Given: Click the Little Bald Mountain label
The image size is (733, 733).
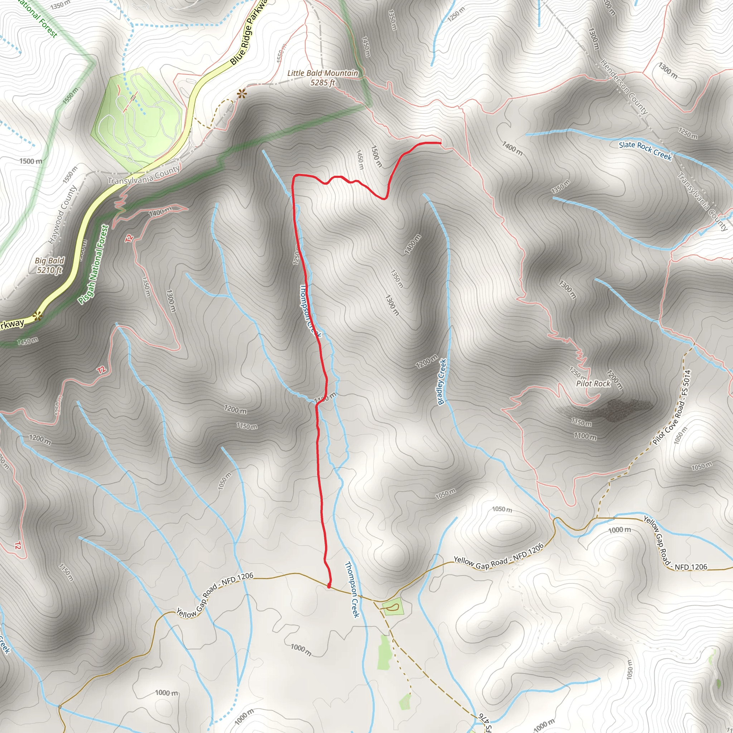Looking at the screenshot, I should click(322, 73).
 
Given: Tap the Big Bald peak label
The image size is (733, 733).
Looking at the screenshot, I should click(49, 261).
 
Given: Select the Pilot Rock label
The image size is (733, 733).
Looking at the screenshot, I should click(593, 384).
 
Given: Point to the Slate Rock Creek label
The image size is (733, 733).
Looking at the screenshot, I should click(645, 150).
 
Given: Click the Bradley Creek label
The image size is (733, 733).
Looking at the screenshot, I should click(442, 382).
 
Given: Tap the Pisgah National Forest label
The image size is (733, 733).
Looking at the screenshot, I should click(93, 264).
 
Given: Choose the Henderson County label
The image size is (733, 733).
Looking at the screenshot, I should click(624, 87).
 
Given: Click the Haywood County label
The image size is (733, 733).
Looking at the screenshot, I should click(63, 214).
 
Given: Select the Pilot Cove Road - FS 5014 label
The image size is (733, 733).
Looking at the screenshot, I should click(671, 407).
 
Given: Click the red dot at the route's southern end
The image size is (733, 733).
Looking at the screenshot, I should click(329, 587).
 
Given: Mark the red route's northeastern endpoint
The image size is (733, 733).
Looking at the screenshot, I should click(440, 143).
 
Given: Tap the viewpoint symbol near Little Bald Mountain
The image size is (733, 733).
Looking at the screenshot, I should click(241, 93).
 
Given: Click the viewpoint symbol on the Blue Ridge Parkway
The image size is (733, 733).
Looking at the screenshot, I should click(37, 316).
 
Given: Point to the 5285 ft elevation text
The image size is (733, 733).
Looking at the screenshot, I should click(322, 82).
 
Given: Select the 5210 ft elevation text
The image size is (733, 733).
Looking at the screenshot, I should click(49, 270).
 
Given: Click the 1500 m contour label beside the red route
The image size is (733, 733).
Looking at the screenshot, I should click(376, 156).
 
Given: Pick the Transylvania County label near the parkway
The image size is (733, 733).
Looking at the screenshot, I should click(144, 176).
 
